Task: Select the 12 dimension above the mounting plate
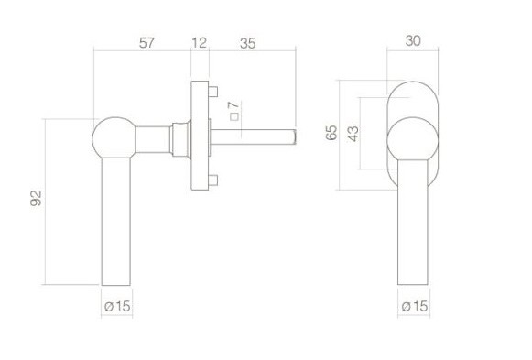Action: point(201,42)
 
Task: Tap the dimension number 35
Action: point(247,42)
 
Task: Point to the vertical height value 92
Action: point(37,199)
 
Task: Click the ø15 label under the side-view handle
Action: point(115,305)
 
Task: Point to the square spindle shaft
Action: point(256,136)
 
